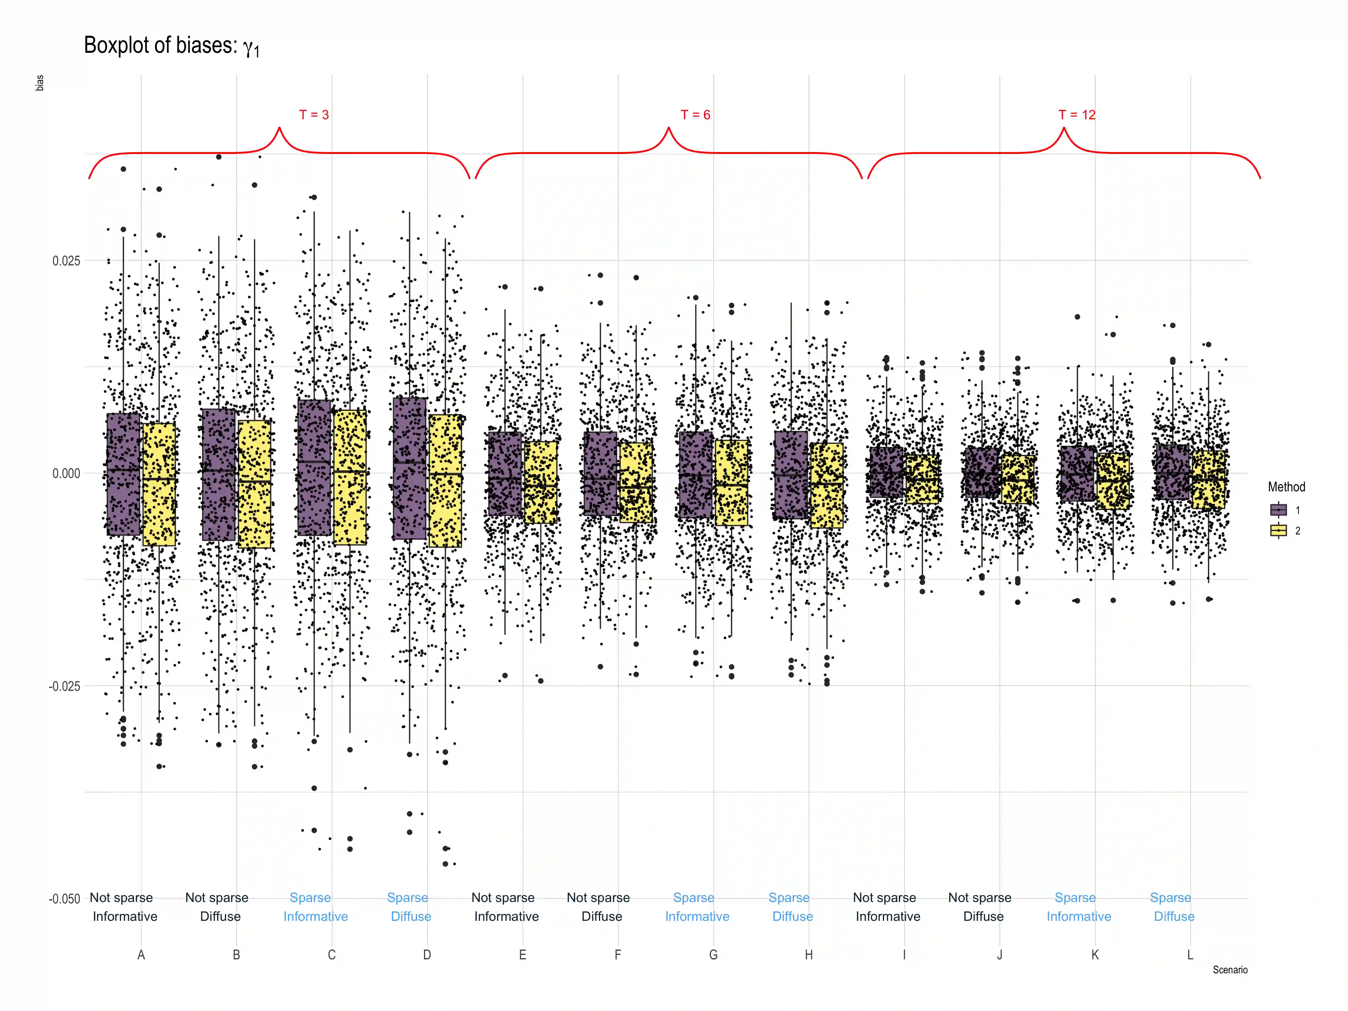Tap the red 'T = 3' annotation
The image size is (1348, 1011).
[x=314, y=114]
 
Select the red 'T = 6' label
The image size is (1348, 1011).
[x=695, y=114]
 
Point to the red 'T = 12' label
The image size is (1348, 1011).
[x=1077, y=114]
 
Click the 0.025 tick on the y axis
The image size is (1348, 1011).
[x=66, y=261]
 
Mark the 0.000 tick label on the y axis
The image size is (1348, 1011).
[x=66, y=473]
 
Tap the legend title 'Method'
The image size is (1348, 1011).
[x=1286, y=487]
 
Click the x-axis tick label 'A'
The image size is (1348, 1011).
[x=141, y=955]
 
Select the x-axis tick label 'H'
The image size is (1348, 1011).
[x=809, y=955]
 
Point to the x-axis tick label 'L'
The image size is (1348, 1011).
[x=1190, y=955]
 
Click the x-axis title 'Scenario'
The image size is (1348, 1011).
[x=1230, y=970]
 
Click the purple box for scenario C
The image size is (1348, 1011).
[x=314, y=467]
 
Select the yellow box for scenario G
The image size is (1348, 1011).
[x=731, y=483]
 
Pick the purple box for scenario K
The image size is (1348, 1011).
[x=1077, y=473]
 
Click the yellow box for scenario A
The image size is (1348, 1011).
[x=159, y=485]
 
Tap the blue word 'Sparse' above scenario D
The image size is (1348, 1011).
[x=408, y=898]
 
